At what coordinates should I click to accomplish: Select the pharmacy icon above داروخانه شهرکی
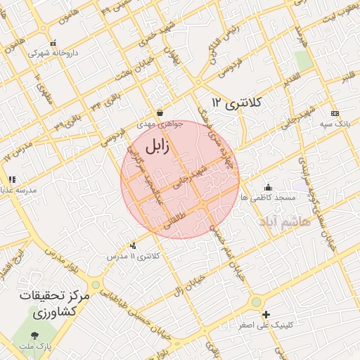53,42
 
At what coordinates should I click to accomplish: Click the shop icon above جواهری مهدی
160,112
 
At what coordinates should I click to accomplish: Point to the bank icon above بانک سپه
335,113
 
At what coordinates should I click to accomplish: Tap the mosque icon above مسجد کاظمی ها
268,187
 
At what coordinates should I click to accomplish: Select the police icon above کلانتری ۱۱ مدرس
134,245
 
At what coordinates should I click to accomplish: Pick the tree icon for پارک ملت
36,336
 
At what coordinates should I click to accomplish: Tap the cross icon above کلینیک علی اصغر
265,314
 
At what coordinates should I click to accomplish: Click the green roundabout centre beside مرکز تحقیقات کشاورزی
95,285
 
